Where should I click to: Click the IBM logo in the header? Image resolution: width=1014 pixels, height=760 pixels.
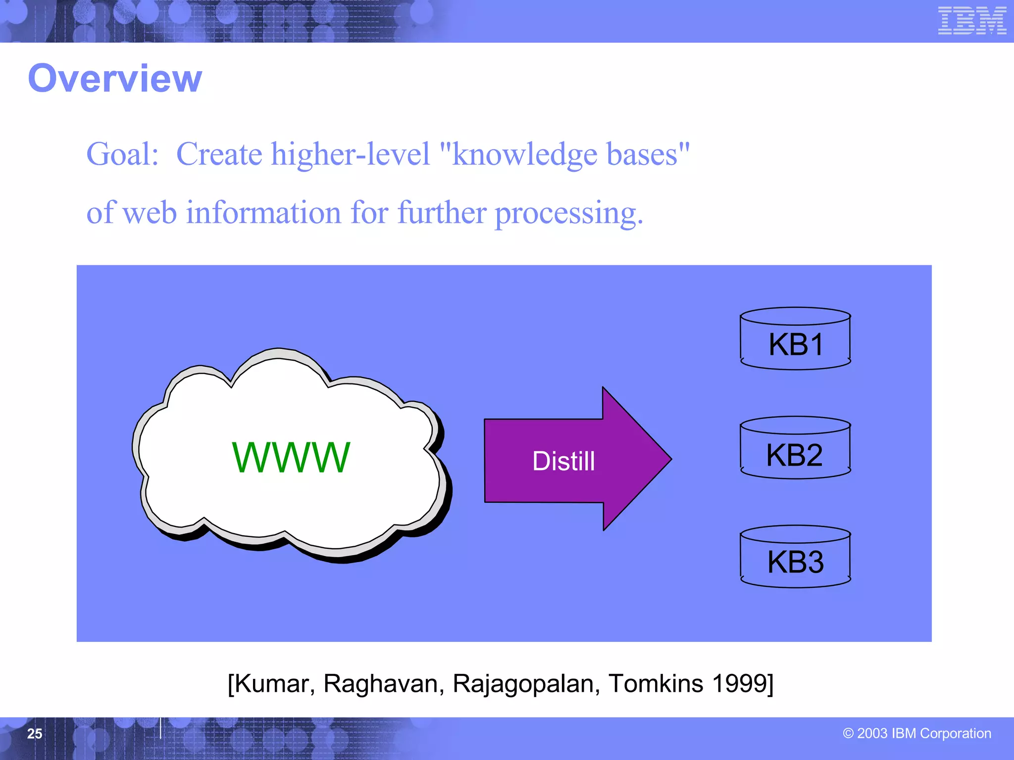pos(972,21)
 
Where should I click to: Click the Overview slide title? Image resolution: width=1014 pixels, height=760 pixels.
pos(115,79)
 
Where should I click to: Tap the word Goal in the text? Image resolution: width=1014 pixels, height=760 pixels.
pos(122,154)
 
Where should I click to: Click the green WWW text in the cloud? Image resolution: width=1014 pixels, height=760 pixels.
pos(291,458)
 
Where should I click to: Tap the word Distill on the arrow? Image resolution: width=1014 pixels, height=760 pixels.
pos(563,461)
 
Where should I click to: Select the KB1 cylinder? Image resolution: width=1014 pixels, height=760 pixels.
pos(795,339)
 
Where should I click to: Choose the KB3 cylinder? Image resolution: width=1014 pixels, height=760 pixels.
pos(795,557)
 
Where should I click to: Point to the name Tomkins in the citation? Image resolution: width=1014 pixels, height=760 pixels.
pos(656,684)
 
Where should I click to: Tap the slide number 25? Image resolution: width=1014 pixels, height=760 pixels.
pos(35,734)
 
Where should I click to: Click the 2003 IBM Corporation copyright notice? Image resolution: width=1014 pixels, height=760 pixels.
pos(917,733)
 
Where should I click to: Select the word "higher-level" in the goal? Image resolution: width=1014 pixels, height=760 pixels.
pos(351,154)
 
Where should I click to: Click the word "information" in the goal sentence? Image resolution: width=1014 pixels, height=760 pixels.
pos(263,213)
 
